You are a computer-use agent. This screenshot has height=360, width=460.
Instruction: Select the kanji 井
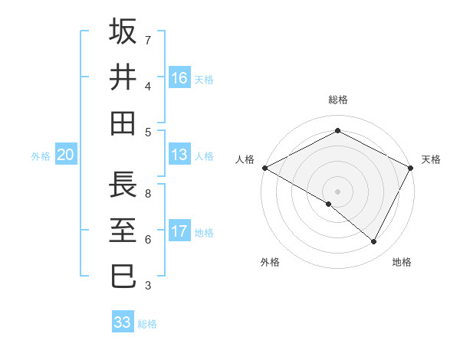coord(123,77)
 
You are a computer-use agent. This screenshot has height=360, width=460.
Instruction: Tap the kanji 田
coord(123,123)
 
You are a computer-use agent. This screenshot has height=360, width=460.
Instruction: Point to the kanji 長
coord(123,185)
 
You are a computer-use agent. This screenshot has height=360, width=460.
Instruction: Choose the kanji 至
coord(123,231)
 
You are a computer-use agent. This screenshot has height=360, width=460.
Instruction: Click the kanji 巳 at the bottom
coord(123,277)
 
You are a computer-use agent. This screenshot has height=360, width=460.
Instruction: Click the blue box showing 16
coord(179,77)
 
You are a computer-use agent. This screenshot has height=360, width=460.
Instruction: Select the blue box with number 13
coord(179,155)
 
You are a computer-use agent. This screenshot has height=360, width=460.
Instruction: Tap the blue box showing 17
coord(179,231)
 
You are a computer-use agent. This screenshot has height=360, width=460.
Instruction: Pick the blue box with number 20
coord(66,155)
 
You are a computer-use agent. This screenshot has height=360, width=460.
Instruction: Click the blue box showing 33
coord(123,322)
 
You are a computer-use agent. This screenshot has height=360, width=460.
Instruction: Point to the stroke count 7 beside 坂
coord(147,39)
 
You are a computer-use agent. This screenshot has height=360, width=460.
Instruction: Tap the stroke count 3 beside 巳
coord(147,286)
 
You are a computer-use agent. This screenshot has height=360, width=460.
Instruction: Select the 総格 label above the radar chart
coord(337,100)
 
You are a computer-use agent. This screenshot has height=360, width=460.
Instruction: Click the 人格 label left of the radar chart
coord(245,159)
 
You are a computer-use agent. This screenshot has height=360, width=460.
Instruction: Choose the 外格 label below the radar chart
coord(270,262)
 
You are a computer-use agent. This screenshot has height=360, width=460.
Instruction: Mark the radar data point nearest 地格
coord(374,241)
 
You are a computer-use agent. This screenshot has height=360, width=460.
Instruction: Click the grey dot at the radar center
coord(337,191)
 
